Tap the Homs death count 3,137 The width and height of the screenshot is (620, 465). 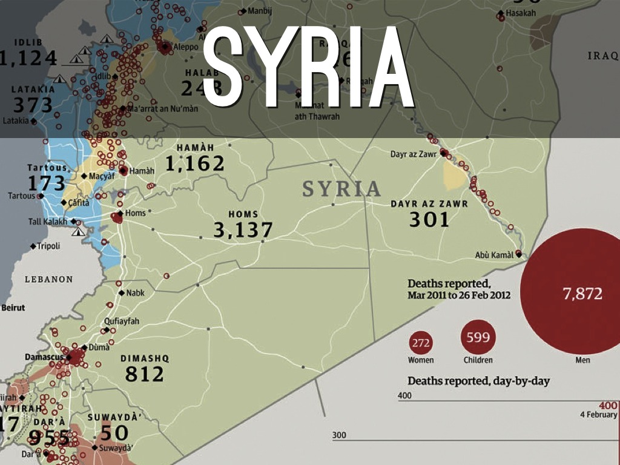click(x=243, y=229)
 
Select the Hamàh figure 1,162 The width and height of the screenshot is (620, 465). click(x=195, y=163)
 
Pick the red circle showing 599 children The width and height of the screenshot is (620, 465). click(x=478, y=338)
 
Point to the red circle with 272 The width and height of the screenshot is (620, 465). click(x=421, y=343)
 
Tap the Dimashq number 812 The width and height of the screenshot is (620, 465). click(x=145, y=374)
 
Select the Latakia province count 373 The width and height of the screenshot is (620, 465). click(x=33, y=105)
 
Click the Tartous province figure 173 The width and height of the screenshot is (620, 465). click(x=46, y=183)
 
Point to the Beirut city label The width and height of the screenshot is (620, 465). click(x=13, y=308)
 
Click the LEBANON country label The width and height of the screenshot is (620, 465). click(x=48, y=279)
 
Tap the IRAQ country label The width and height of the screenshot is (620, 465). click(x=602, y=56)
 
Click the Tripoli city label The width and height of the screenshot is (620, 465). click(x=48, y=246)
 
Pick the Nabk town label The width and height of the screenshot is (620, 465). click(x=135, y=293)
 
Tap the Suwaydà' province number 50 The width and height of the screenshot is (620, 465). click(x=114, y=433)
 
